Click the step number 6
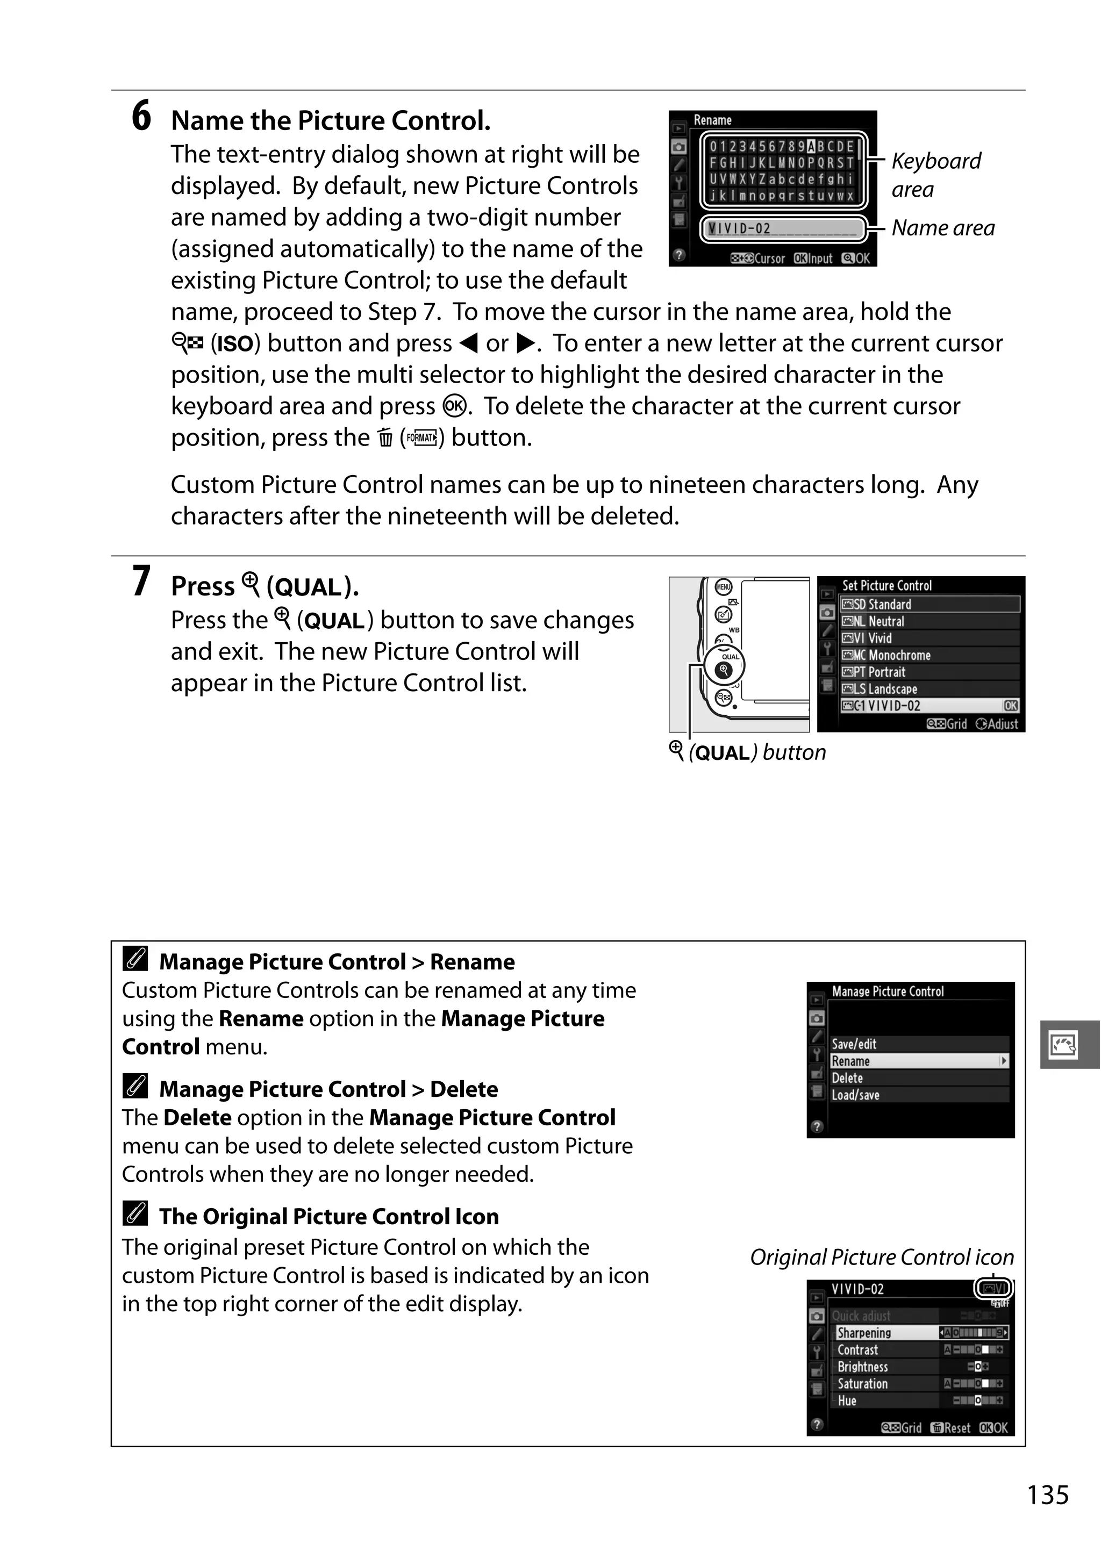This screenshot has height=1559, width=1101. click(141, 116)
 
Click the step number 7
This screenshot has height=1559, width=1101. click(141, 582)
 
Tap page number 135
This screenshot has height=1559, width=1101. click(1047, 1495)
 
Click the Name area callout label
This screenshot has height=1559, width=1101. click(943, 228)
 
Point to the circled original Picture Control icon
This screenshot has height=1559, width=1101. click(993, 1289)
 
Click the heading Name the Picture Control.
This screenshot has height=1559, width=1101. click(330, 121)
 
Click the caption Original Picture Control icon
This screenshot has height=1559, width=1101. click(882, 1258)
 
